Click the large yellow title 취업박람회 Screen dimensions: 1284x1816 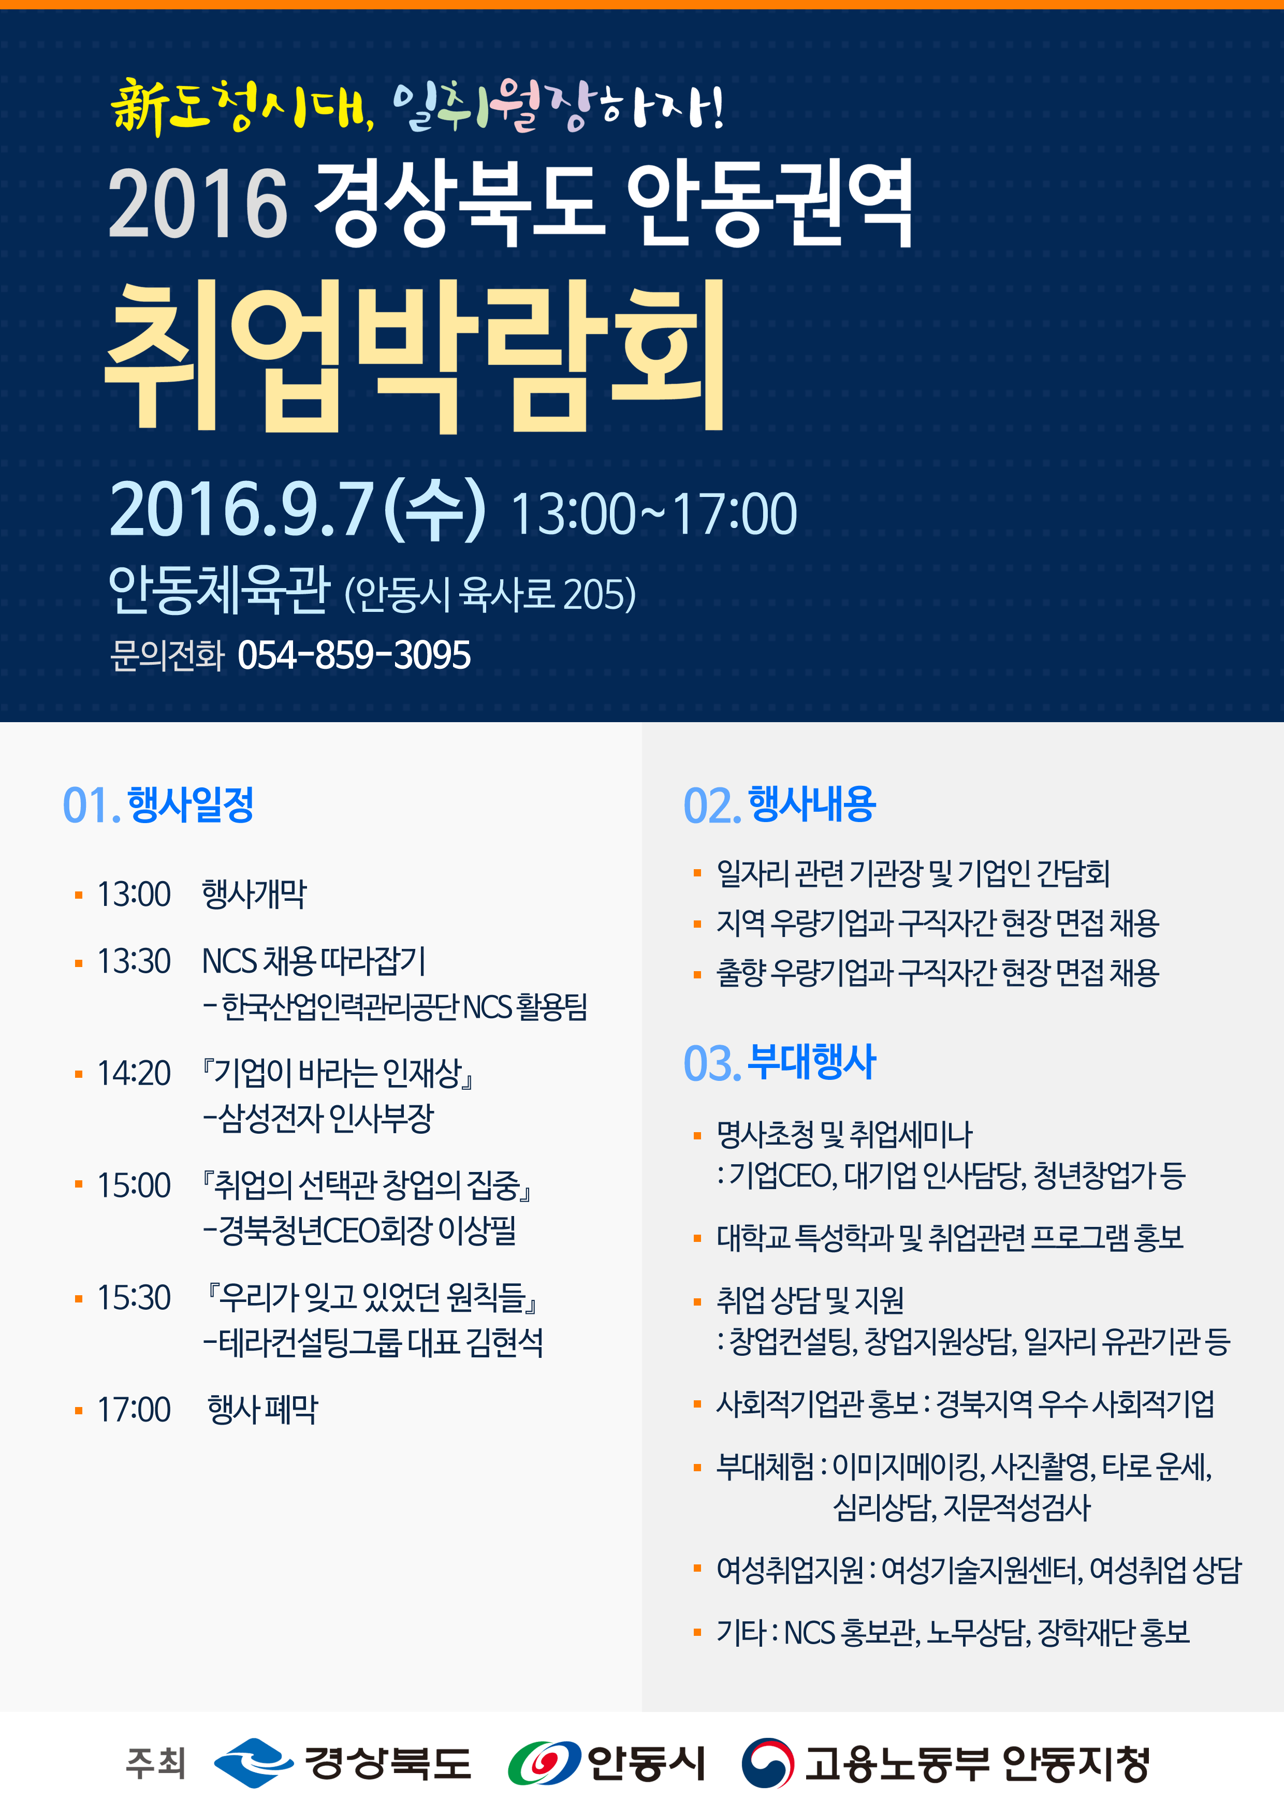click(415, 356)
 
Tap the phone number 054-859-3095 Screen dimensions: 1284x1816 click(354, 655)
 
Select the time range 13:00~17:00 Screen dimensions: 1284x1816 click(653, 514)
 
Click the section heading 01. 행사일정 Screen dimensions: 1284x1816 click(158, 804)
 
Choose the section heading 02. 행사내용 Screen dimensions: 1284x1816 click(779, 804)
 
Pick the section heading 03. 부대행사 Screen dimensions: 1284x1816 click(779, 1062)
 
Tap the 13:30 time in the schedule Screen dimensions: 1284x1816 click(134, 961)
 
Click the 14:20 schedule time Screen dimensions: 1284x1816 click(134, 1073)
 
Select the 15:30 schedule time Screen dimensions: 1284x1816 click(134, 1298)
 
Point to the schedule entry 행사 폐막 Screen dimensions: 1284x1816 click(262, 1410)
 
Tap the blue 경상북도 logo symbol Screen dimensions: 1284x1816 click(253, 1763)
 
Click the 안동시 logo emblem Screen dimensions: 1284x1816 click(544, 1764)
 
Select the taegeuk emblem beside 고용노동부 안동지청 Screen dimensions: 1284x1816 click(767, 1763)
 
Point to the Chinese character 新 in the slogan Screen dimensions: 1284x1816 click(138, 108)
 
